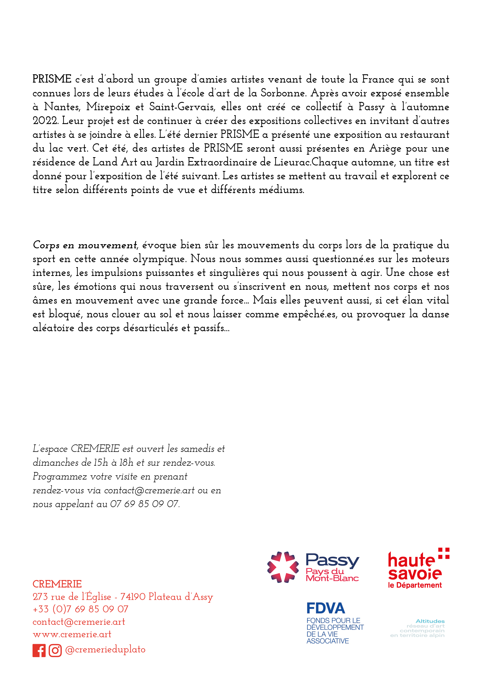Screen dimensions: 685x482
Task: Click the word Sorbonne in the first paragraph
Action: (283, 93)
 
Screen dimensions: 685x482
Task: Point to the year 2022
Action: (45, 121)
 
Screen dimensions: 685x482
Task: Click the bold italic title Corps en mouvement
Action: (85, 245)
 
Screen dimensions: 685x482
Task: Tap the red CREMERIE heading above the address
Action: (57, 584)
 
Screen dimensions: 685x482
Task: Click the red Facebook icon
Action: (39, 650)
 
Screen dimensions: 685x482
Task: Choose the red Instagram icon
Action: (55, 650)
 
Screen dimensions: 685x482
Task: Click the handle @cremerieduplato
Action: (105, 649)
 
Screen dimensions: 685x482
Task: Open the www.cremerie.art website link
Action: (72, 634)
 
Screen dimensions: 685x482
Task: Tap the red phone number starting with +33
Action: (81, 609)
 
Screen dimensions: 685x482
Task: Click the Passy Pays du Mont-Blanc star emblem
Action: (283, 567)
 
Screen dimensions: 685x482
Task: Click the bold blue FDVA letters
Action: (326, 608)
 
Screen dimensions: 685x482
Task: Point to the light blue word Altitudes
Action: (430, 621)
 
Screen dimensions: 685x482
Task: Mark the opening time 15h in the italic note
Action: (101, 463)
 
